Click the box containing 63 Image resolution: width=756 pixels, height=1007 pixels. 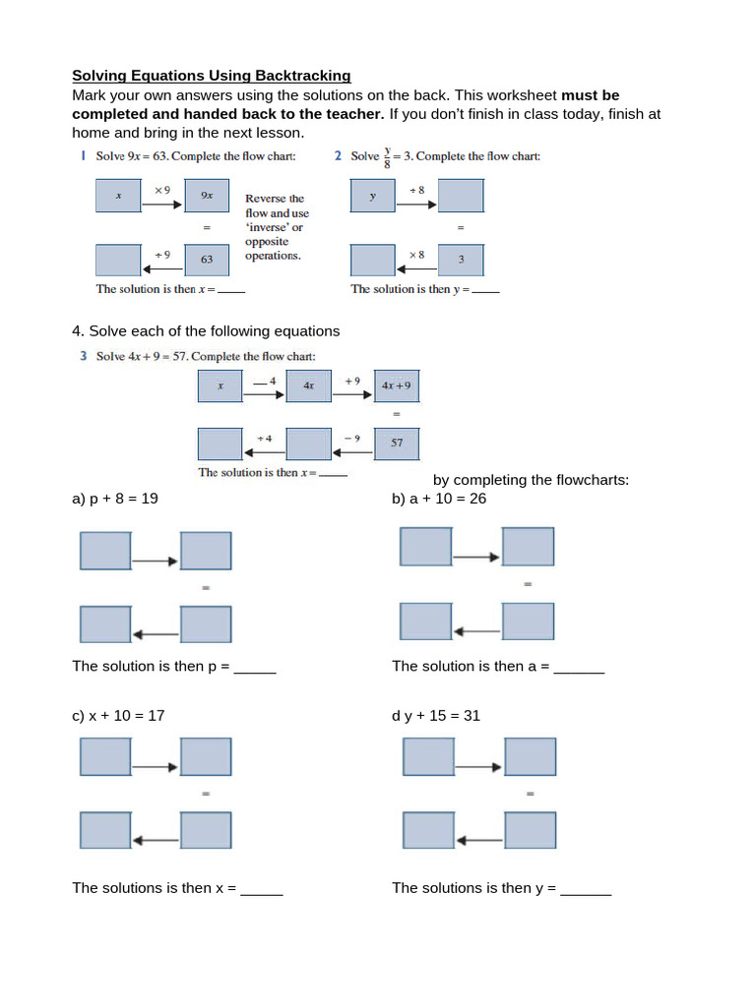tap(207, 260)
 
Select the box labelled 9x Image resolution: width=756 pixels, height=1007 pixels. tap(207, 195)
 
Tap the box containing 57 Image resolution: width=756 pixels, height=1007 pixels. tap(397, 444)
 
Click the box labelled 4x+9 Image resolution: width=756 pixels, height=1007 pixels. tap(397, 386)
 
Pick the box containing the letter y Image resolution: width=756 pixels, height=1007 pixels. tap(373, 195)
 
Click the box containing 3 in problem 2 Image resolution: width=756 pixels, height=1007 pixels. tap(461, 260)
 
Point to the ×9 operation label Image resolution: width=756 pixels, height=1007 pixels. tap(162, 188)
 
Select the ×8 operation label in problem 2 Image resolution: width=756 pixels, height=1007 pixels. tap(416, 254)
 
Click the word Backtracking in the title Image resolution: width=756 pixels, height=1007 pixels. tap(303, 76)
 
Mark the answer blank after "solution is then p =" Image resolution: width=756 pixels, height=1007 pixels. tap(255, 668)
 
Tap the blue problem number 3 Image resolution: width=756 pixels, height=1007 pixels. tap(84, 356)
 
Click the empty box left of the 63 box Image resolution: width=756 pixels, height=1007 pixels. tap(118, 260)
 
